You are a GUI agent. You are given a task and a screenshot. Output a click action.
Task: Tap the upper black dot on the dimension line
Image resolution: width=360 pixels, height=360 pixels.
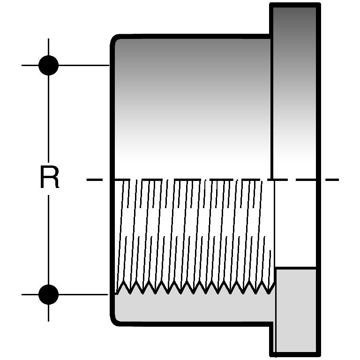pyautogui.click(x=48, y=65)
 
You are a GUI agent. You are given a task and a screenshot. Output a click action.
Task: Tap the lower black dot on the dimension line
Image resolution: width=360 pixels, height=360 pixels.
pyautogui.click(x=48, y=294)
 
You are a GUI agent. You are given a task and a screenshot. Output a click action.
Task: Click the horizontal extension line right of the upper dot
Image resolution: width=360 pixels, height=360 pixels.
pyautogui.click(x=84, y=65)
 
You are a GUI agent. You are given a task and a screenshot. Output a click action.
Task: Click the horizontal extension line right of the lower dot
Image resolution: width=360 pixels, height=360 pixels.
pyautogui.click(x=84, y=294)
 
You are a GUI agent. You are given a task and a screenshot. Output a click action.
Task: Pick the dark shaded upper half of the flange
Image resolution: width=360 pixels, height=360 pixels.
pyautogui.click(x=294, y=70)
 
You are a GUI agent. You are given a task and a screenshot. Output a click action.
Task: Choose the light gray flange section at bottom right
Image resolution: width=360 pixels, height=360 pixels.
pyautogui.click(x=296, y=309)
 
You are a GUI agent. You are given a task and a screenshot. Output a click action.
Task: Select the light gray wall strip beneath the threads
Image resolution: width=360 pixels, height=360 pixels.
pyautogui.click(x=192, y=307)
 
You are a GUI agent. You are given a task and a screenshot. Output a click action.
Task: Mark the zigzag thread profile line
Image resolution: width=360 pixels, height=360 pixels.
pyautogui.click(x=192, y=287)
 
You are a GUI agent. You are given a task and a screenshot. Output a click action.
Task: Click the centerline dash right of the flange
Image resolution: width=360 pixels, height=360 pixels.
pyautogui.click(x=330, y=179)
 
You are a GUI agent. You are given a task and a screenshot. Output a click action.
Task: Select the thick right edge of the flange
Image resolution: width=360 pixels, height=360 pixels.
pyautogui.click(x=318, y=141)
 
